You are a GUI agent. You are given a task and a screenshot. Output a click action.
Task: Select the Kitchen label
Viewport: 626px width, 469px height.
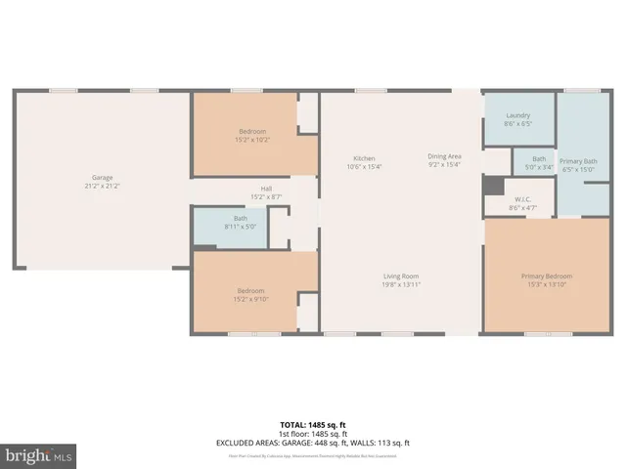coord(364,158)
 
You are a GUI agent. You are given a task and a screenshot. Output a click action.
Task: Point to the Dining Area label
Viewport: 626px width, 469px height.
coord(444,156)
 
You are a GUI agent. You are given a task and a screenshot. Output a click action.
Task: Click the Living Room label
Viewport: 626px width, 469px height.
coord(401,277)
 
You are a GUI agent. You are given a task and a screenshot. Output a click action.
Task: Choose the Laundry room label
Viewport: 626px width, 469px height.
coord(518,116)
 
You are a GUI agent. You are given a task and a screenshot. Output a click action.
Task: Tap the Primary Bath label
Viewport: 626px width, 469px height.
coord(578,160)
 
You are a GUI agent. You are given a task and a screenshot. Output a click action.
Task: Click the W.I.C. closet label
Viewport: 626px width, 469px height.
coord(522,200)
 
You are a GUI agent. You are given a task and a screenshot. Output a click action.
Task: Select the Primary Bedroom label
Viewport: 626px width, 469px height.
coord(546,277)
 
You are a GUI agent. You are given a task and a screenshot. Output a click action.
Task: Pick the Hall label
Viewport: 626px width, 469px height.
coord(266,189)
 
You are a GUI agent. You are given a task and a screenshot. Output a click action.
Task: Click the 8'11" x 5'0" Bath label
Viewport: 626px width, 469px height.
coord(241,223)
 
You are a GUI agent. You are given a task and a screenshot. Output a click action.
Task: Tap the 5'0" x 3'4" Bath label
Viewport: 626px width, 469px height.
coord(539,162)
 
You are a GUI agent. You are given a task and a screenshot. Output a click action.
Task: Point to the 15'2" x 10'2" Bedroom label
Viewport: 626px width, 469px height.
coord(252,135)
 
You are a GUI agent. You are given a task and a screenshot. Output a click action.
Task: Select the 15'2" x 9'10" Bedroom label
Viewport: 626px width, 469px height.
coord(251,294)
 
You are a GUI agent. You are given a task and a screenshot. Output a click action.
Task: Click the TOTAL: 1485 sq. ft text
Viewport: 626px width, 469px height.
coord(313,425)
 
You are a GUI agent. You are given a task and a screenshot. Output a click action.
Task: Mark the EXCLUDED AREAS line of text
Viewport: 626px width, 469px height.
coord(313,443)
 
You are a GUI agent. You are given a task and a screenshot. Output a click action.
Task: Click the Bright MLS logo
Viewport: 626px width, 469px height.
coord(38,455)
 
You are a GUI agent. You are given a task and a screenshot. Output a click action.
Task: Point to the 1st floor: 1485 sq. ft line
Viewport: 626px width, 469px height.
coord(313,434)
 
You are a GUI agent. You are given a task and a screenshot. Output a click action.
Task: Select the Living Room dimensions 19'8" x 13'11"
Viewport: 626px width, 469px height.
coord(401,284)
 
